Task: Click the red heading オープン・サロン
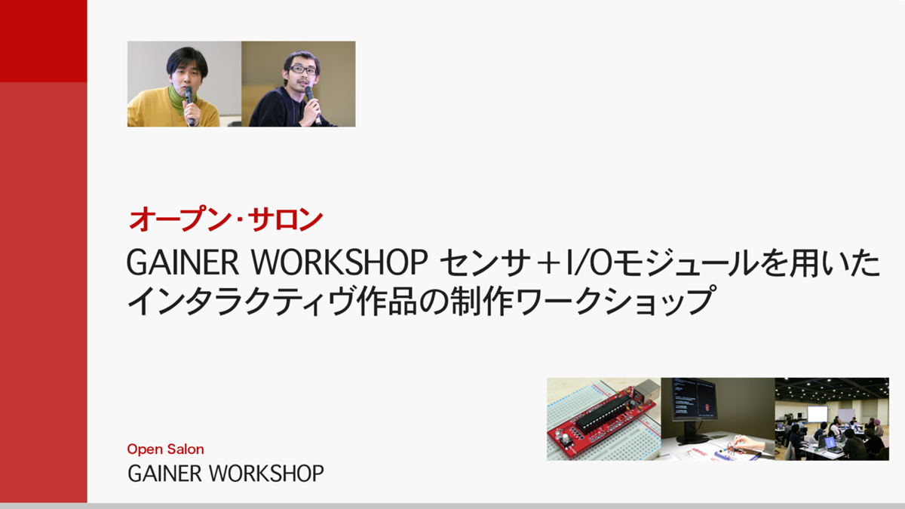coord(225,219)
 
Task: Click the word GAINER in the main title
coord(183,262)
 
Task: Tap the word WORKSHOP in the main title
coord(339,262)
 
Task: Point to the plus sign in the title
coord(548,263)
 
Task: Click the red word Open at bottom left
coord(145,449)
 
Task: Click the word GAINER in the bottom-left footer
coord(164,474)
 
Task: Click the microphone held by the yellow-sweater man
coord(189,105)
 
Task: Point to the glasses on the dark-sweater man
coord(302,69)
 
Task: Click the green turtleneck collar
coord(180,99)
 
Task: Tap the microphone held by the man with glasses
coord(312,103)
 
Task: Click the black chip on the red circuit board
coord(602,412)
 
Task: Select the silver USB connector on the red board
coord(645,391)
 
